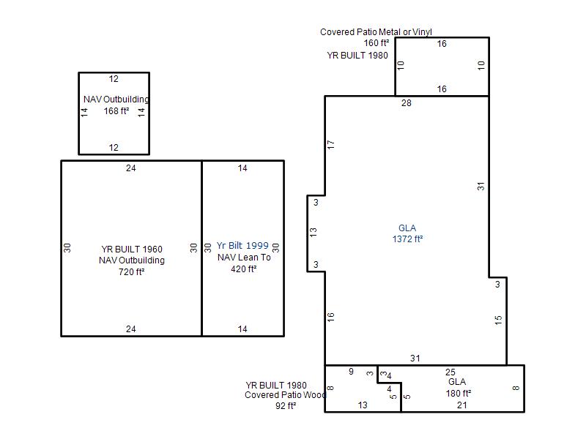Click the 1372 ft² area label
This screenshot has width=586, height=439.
407,239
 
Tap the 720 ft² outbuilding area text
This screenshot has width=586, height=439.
131,271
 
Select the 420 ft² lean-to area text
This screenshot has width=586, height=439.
244,269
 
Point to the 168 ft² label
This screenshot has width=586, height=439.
116,111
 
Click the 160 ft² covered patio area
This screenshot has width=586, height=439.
377,43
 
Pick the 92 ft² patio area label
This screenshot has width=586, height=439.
286,405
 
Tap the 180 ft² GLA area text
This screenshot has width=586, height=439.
459,394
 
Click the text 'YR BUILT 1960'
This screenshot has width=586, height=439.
132,249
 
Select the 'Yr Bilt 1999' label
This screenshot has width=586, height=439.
242,245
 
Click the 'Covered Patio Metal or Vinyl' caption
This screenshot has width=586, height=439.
376,32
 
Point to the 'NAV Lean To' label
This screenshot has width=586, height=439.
244,258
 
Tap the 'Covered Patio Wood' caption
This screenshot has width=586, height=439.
286,395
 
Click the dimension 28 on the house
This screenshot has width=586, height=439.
407,103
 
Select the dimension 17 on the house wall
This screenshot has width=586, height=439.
331,145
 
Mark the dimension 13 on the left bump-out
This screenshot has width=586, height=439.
314,232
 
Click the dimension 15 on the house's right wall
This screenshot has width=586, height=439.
498,320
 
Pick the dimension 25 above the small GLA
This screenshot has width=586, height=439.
450,372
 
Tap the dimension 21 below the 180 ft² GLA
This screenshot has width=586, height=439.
462,405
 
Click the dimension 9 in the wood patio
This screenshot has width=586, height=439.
351,372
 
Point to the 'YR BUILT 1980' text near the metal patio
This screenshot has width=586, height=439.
357,56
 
